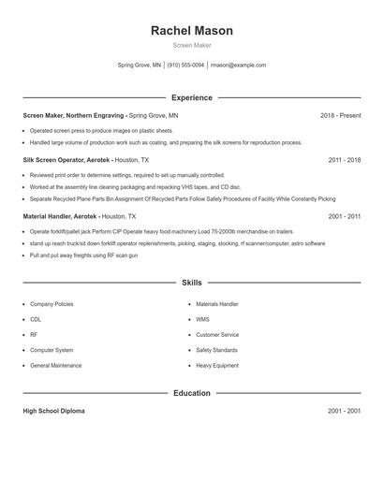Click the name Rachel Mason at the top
pyautogui.click(x=192, y=31)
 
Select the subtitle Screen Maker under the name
pyautogui.click(x=192, y=46)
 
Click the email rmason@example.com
pyautogui.click(x=239, y=66)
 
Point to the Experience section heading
pyautogui.click(x=192, y=97)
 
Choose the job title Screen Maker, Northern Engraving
pyautogui.click(x=72, y=115)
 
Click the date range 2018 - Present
pyautogui.click(x=340, y=115)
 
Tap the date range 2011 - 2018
pyautogui.click(x=344, y=160)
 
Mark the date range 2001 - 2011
pyautogui.click(x=344, y=215)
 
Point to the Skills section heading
pyautogui.click(x=192, y=282)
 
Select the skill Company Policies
pyautogui.click(x=52, y=304)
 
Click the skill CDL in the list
pyautogui.click(x=35, y=319)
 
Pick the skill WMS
pyautogui.click(x=202, y=319)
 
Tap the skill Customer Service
pyautogui.click(x=217, y=334)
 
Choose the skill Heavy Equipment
pyautogui.click(x=217, y=365)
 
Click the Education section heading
pyautogui.click(x=192, y=393)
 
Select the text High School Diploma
pyautogui.click(x=54, y=411)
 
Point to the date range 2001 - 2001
pyautogui.click(x=344, y=411)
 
